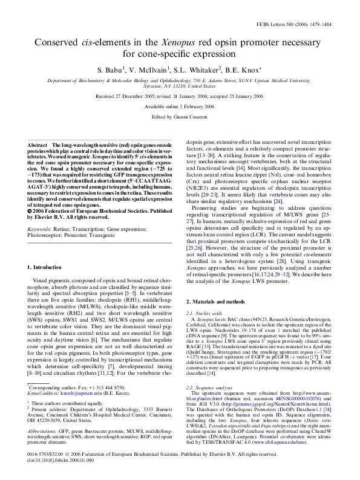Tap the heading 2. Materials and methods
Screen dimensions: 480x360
coord(215,301)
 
